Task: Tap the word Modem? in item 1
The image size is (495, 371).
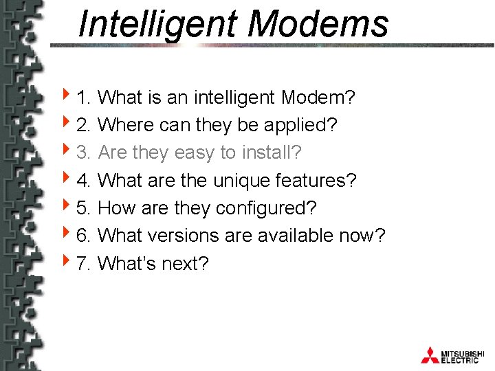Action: coord(318,98)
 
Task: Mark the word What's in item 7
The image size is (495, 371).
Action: coord(128,263)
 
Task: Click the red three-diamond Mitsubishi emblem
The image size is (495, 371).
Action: coord(430,355)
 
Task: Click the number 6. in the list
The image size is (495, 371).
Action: coord(85,236)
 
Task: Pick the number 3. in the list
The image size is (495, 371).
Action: coord(85,153)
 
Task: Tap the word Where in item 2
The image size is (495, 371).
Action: coord(126,125)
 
